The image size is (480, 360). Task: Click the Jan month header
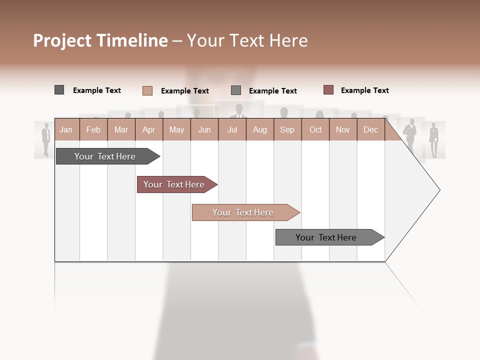pyautogui.click(x=66, y=130)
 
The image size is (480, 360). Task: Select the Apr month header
pyautogui.click(x=148, y=130)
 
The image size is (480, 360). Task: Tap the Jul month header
pyautogui.click(x=232, y=130)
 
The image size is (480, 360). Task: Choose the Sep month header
pyautogui.click(x=287, y=130)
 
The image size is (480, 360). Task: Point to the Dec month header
pyautogui.click(x=370, y=130)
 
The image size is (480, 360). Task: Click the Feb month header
pyautogui.click(x=93, y=130)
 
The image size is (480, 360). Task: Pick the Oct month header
pyautogui.click(x=315, y=130)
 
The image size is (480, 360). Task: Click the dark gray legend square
pyautogui.click(x=59, y=90)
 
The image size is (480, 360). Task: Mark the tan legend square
pyautogui.click(x=147, y=90)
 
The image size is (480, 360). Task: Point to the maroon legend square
pyautogui.click(x=328, y=90)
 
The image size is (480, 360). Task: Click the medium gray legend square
pyautogui.click(x=236, y=90)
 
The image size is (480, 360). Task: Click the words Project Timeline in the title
pyautogui.click(x=100, y=40)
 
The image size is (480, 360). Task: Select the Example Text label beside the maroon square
pyautogui.click(x=364, y=90)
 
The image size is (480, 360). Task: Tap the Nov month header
pyautogui.click(x=343, y=130)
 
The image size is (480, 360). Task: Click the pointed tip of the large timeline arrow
pyautogui.click(x=438, y=190)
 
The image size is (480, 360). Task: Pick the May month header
pyautogui.click(x=176, y=130)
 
